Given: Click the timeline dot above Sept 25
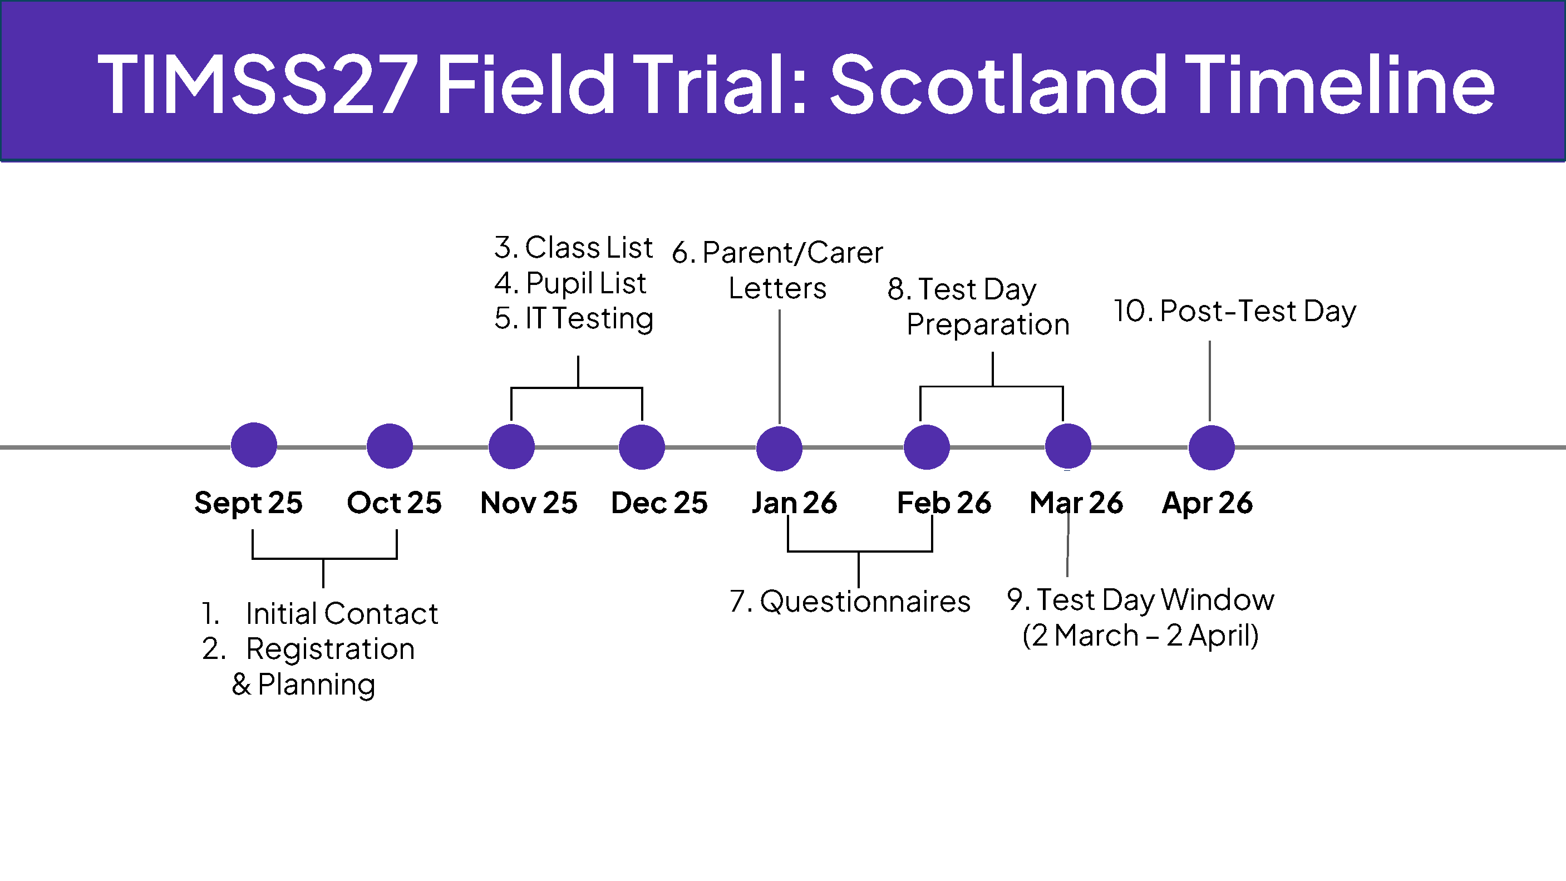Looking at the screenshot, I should tap(254, 445).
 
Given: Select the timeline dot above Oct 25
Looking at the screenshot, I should tap(390, 446).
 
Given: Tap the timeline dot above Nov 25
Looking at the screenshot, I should tap(512, 446).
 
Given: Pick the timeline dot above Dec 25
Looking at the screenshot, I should tap(642, 447).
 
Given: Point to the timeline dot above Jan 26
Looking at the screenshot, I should tap(779, 448).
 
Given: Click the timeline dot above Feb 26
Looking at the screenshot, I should tap(927, 447).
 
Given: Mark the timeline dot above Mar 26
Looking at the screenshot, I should tap(1068, 446).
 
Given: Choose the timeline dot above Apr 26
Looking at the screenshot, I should tap(1212, 447).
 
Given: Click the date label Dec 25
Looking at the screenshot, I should tap(659, 503).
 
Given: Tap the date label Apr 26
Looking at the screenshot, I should tap(1207, 503).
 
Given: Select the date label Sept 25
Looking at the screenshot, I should tap(249, 503).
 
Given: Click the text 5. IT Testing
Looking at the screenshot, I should tap(574, 318).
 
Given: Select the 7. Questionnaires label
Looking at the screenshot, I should tap(850, 601).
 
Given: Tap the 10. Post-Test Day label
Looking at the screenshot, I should tap(1235, 311).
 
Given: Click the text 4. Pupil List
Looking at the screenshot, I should tap(570, 283).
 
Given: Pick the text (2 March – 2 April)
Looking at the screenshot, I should tap(1140, 636).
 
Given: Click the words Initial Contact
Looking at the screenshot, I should tap(342, 613).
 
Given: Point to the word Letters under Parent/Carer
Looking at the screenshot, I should tap(777, 288).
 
